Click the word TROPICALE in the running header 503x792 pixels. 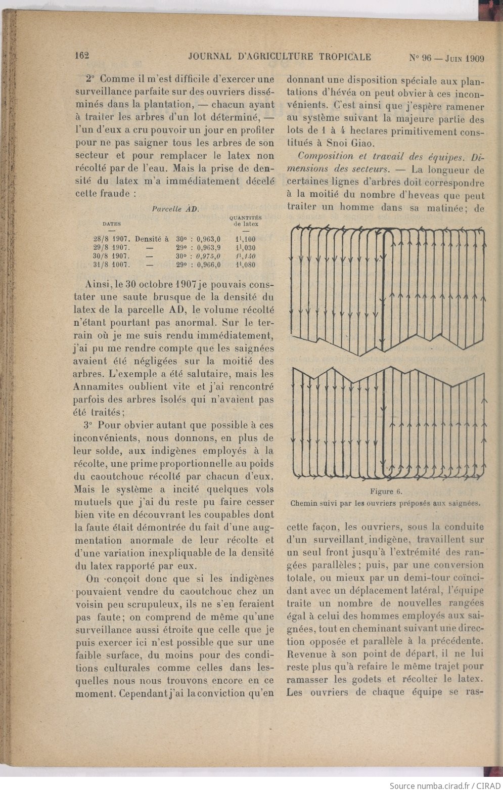(x=345, y=57)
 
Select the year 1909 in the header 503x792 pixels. (x=474, y=58)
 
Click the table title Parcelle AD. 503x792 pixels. (x=175, y=208)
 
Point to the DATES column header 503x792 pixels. (x=111, y=223)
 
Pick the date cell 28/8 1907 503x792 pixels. (x=112, y=239)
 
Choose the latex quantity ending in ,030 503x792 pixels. (x=246, y=248)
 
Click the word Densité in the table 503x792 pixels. (x=152, y=239)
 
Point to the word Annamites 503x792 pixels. (x=99, y=387)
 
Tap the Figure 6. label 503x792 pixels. (x=386, y=491)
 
